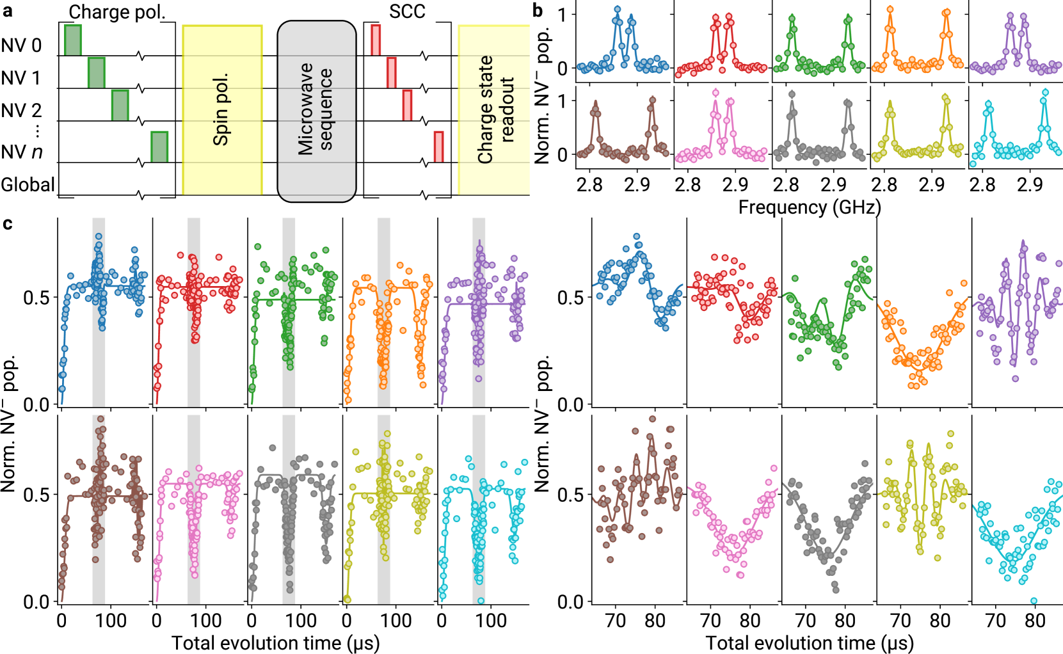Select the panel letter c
click(7, 223)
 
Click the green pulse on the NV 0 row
click(73, 40)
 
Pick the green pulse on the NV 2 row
click(120, 105)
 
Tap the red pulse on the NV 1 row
click(391, 72)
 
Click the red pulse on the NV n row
click(438, 147)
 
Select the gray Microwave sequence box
click(317, 111)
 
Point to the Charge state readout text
click(495, 110)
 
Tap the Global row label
click(28, 184)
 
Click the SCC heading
click(407, 11)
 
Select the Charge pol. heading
click(117, 12)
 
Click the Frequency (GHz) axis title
click(810, 207)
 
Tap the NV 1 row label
click(21, 77)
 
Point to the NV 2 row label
click(21, 110)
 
